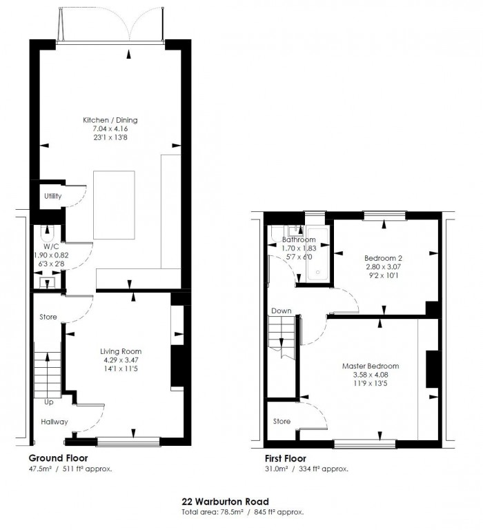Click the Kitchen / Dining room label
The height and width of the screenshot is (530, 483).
click(110, 120)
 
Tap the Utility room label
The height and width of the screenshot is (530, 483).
click(53, 196)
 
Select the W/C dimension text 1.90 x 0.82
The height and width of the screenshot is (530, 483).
click(51, 255)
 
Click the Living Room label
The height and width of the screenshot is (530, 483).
click(121, 351)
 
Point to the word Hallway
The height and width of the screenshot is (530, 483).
click(55, 422)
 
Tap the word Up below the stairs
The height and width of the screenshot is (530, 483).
click(49, 402)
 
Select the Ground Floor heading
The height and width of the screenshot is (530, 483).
click(58, 458)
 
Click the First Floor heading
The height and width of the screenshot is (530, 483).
click(286, 459)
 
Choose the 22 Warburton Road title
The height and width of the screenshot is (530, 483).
click(226, 502)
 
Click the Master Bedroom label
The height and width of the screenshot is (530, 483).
click(371, 366)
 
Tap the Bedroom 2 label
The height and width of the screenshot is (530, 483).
click(383, 258)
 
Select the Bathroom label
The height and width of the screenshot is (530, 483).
click(299, 239)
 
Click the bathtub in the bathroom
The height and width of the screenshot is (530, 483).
click(317, 254)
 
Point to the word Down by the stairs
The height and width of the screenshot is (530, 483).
click(282, 311)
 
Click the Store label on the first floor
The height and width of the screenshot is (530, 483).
click(282, 421)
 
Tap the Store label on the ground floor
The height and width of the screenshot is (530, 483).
click(48, 317)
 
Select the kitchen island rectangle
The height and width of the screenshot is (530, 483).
click(115, 205)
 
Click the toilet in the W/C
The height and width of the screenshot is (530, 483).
click(48, 233)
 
